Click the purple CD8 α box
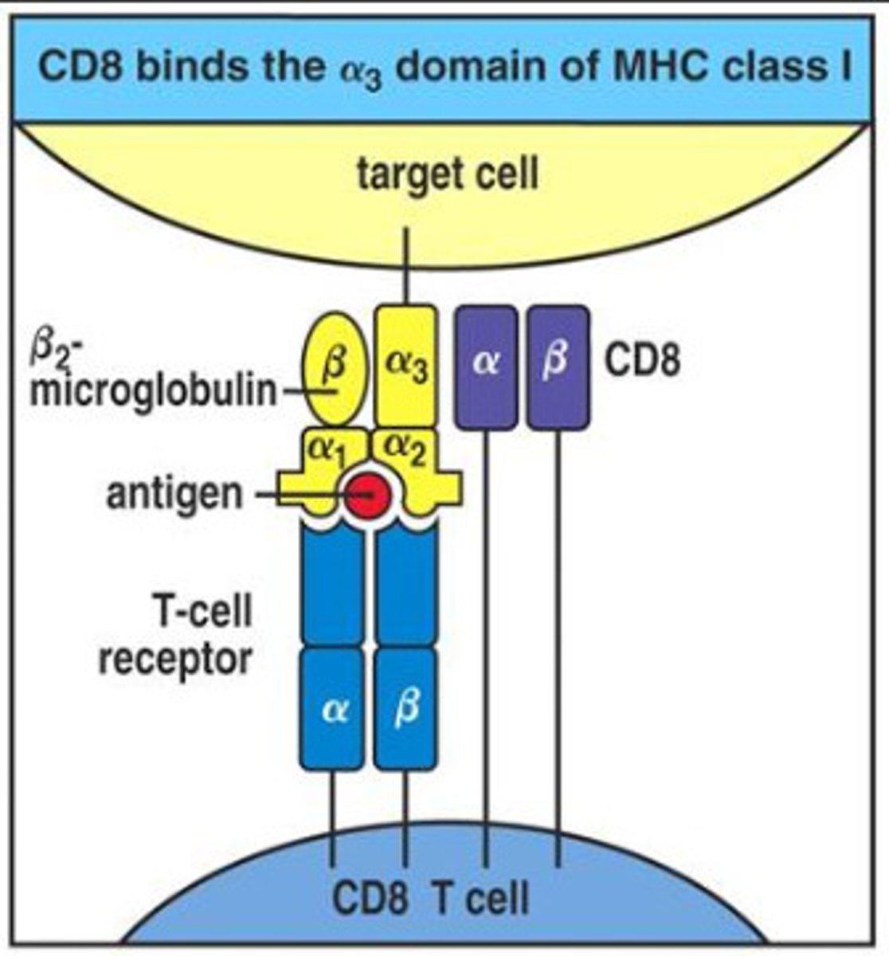[x=485, y=367]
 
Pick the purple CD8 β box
[x=558, y=367]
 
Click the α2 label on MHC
[x=407, y=452]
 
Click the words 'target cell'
[x=447, y=173]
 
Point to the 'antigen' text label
[x=174, y=494]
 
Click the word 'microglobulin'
[x=152, y=393]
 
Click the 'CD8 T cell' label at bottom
[x=430, y=899]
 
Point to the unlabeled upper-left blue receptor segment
[x=333, y=586]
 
